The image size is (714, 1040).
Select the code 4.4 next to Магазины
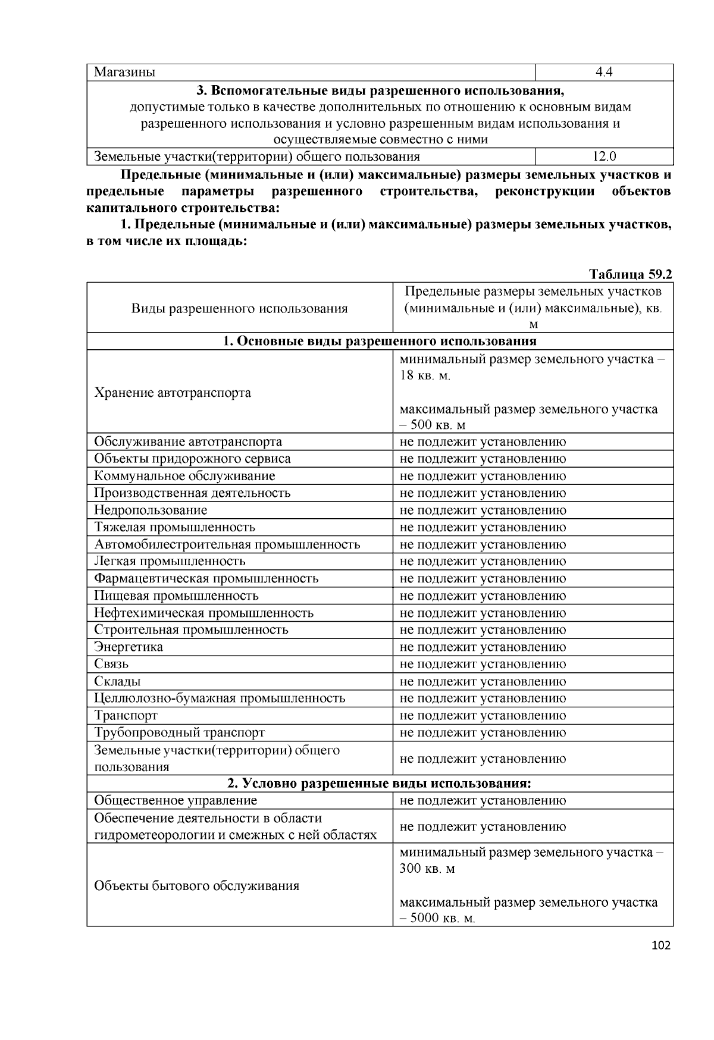point(604,73)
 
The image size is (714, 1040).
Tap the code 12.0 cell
point(604,157)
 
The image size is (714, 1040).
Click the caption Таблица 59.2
point(630,274)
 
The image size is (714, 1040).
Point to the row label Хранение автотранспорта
point(173,393)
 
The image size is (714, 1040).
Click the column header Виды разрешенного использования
point(239,308)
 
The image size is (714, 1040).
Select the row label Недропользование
point(151,510)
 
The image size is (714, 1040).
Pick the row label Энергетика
point(129,647)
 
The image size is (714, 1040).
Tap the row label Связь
point(111,664)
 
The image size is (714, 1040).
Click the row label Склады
point(117,681)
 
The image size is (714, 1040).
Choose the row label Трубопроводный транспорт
point(179,732)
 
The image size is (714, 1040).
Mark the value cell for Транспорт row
point(483,716)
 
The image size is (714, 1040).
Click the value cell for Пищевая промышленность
point(483,596)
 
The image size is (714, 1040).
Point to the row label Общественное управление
point(176,800)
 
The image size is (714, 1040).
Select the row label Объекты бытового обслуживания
point(196,886)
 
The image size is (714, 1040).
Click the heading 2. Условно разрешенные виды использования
point(380,783)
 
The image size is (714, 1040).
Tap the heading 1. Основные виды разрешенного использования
point(380,341)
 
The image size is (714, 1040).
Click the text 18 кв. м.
point(425,376)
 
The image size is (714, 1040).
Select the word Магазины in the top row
point(124,73)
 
